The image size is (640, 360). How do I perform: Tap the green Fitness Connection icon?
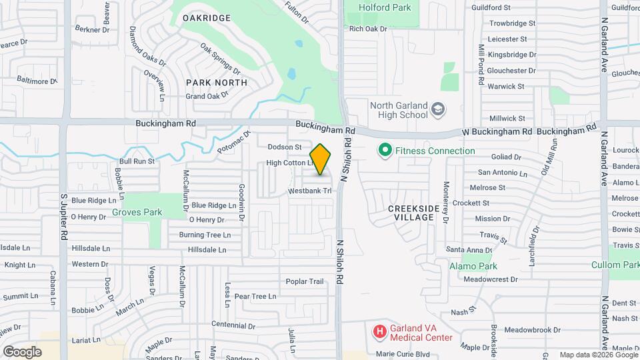[384, 151]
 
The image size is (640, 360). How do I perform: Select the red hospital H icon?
[379, 331]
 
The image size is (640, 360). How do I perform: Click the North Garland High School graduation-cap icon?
[438, 109]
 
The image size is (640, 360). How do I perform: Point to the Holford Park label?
[385, 7]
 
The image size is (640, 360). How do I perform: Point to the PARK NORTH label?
[216, 83]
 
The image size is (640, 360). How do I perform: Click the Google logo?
[22, 351]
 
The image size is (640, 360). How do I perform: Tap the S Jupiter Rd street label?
[64, 217]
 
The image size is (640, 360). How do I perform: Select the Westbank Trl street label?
[310, 191]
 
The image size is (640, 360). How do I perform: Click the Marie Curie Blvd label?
[403, 354]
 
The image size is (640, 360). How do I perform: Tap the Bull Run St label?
[137, 161]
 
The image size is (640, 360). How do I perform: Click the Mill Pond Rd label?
[481, 65]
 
